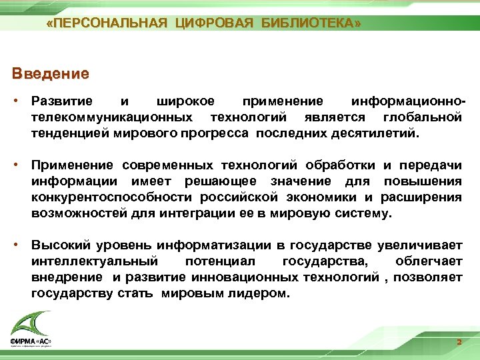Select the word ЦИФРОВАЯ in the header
[x=214, y=24]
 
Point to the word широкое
[x=185, y=102]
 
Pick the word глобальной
[x=423, y=117]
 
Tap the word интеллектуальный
[x=94, y=262]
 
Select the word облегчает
[x=428, y=262]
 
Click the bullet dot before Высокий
[x=21, y=246]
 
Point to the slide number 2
[x=459, y=342]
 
